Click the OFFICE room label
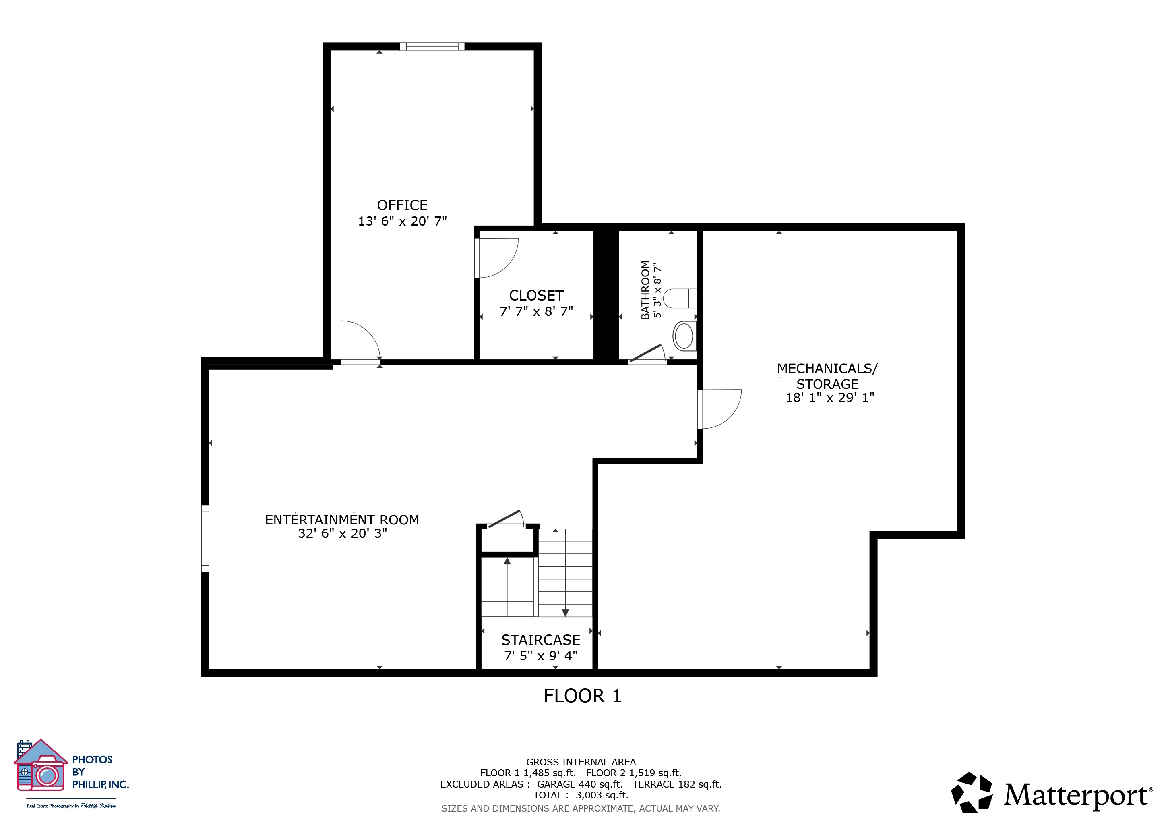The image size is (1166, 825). pos(402,205)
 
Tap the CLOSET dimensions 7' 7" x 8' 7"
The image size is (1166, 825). pos(536,311)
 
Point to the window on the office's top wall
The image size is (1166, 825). pos(432,47)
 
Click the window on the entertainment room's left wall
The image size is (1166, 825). pos(205,539)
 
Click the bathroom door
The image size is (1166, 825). pos(647,354)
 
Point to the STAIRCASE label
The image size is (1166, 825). pos(540,640)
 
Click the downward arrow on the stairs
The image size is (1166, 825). pos(565,612)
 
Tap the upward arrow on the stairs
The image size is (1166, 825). pos(507,561)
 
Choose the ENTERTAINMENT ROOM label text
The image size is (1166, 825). pos(342,520)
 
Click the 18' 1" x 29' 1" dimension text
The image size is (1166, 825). pos(830,398)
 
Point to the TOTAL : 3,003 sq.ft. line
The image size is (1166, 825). pos(581,795)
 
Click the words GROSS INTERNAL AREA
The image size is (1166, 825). pos(581,762)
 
